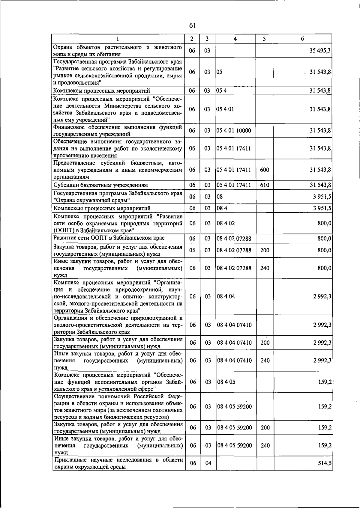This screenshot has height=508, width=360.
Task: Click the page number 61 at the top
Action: [192, 25]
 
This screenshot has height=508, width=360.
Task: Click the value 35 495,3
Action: [320, 51]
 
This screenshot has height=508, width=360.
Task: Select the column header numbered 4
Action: [235, 39]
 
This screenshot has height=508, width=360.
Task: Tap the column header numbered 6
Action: [302, 39]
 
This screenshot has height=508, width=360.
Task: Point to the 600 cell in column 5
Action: [264, 170]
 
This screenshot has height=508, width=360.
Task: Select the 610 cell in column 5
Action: [264, 185]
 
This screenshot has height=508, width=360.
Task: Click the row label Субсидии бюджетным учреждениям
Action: [100, 185]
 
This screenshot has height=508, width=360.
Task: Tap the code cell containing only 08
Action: [220, 197]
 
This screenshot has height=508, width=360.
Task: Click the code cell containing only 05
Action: [220, 72]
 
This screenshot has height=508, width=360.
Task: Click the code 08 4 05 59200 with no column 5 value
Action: [234, 407]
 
